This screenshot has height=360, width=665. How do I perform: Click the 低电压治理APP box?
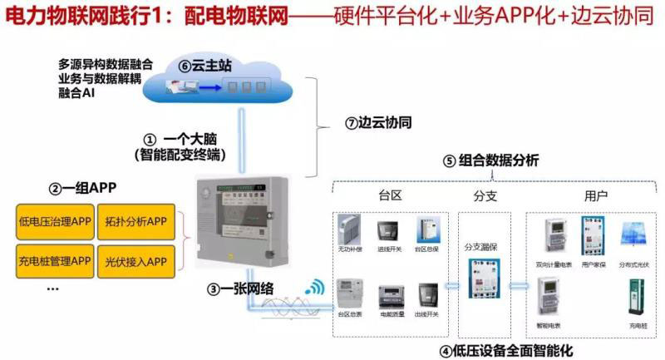click(x=55, y=221)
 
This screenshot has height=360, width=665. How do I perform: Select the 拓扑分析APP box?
click(x=136, y=221)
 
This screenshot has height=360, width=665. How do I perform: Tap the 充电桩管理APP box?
click(x=55, y=262)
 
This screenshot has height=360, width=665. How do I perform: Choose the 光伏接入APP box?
click(x=136, y=262)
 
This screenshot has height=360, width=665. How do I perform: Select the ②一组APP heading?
click(x=81, y=189)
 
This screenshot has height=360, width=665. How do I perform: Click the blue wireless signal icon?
click(x=313, y=288)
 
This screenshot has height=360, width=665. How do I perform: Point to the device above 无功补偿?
click(x=349, y=229)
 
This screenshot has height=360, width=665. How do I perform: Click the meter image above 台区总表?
click(x=349, y=295)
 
